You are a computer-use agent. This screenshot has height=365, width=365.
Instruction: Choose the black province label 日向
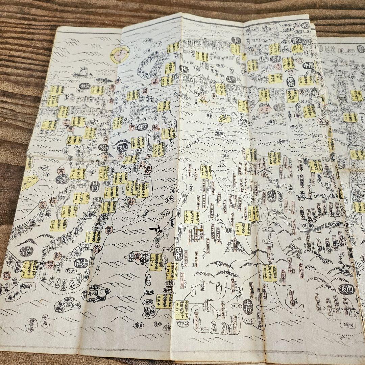(x=96, y=186)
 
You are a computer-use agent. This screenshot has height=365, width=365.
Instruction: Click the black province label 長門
(x=183, y=69)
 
